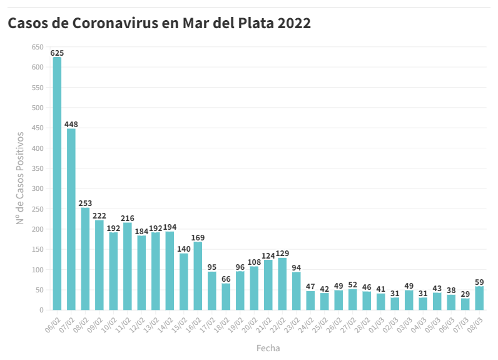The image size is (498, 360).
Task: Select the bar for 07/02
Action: point(71,219)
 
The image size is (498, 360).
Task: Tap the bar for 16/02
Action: point(198,275)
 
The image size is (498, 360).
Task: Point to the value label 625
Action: point(57,53)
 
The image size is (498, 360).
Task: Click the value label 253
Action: point(85,203)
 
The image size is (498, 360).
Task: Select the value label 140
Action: point(184,249)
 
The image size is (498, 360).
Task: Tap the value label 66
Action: point(226,279)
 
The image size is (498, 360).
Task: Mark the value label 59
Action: point(479,282)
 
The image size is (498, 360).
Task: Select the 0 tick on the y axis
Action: point(41,310)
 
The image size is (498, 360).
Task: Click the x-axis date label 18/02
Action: point(223,324)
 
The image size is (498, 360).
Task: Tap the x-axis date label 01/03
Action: point(377,324)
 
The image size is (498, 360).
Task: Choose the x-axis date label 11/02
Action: point(124,324)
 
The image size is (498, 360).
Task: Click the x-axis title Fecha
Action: point(268,348)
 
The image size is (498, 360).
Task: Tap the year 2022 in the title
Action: point(294,24)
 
